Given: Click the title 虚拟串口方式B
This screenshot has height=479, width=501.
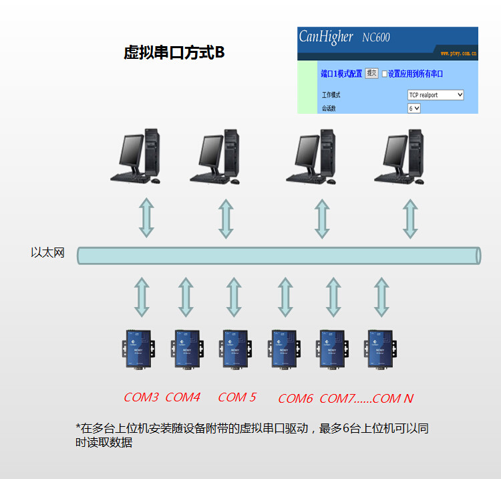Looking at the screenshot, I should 174,53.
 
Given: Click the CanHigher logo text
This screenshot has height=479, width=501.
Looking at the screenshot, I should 326,37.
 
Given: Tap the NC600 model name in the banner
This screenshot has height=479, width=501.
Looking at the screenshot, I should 376,37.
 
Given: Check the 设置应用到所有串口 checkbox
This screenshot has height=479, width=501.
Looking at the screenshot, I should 385,74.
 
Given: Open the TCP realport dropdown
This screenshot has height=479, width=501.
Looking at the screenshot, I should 435,96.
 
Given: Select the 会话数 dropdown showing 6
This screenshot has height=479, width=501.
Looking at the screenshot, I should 413,108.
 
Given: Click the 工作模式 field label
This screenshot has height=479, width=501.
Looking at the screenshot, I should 331,96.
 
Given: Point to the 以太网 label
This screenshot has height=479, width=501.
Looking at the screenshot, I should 47,253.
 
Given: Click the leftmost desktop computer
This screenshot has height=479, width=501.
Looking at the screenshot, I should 138,158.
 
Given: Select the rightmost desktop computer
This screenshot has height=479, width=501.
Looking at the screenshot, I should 401,158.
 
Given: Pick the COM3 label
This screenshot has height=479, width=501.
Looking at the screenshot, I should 141,397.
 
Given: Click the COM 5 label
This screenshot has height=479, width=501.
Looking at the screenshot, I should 236,397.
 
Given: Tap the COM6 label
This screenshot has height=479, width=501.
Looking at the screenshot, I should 295,399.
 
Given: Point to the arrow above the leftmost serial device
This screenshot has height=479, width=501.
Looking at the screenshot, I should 141,296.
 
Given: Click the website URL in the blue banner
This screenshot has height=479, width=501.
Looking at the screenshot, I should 458,52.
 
